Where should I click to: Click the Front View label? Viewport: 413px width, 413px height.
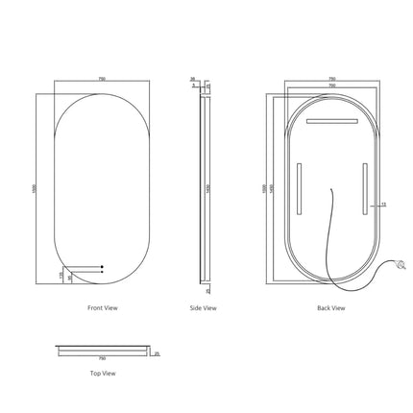click(x=102, y=308)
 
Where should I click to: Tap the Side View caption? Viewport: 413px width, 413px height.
click(x=203, y=308)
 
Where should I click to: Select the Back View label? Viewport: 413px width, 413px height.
click(x=330, y=308)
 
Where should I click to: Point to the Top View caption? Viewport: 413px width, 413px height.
click(x=102, y=373)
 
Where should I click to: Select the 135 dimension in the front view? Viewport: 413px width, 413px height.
click(x=60, y=275)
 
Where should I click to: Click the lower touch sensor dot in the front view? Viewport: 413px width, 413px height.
click(x=102, y=274)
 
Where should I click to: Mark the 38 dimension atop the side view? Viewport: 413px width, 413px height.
click(x=192, y=80)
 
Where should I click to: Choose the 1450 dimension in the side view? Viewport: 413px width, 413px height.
click(x=210, y=189)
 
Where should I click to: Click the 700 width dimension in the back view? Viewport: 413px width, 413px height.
click(x=331, y=86)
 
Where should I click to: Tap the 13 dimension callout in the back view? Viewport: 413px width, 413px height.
click(x=383, y=204)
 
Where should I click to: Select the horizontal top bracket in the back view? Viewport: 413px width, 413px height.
click(x=331, y=122)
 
